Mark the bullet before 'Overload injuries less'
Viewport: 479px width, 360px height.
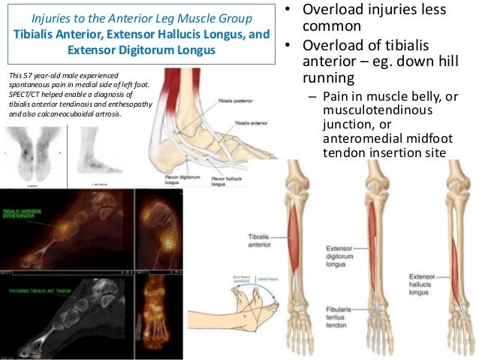point(287,13)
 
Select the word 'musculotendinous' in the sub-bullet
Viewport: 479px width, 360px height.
point(369,110)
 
